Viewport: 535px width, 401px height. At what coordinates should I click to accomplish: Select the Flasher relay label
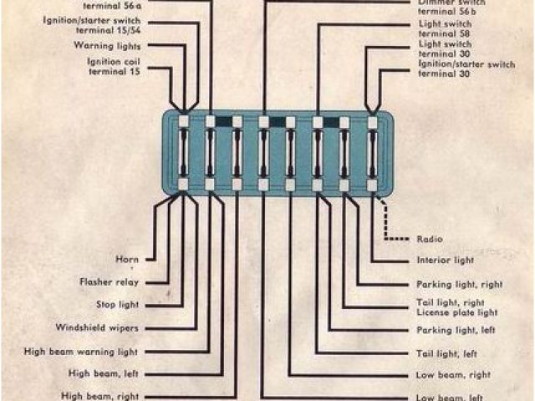[109, 282]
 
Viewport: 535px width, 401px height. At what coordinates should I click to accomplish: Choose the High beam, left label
[103, 373]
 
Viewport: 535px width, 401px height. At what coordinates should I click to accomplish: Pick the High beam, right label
[101, 395]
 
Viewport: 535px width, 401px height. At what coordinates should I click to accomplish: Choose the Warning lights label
[107, 46]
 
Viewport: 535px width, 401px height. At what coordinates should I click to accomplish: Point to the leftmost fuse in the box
[184, 151]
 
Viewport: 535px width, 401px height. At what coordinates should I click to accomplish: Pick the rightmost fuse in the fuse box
[372, 151]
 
